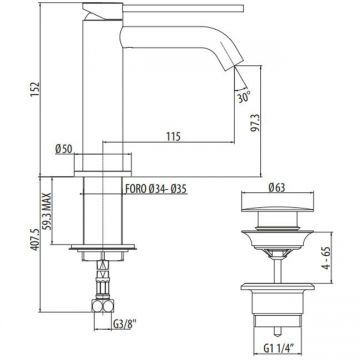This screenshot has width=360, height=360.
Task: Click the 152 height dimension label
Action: pyautogui.click(x=35, y=89)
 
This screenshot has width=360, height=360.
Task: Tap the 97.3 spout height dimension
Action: pyautogui.click(x=256, y=122)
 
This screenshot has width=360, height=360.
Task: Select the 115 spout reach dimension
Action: pyautogui.click(x=173, y=136)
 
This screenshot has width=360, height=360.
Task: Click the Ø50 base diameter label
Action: pyautogui.click(x=64, y=149)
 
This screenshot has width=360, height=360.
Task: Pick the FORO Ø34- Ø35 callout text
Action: pyautogui.click(x=156, y=189)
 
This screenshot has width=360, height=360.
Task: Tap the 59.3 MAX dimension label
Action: pyautogui.click(x=48, y=211)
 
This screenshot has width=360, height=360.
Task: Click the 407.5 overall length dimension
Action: pyautogui.click(x=35, y=238)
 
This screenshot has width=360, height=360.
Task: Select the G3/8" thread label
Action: pyautogui.click(x=125, y=323)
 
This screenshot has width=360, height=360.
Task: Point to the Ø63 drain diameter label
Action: pyautogui.click(x=277, y=188)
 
